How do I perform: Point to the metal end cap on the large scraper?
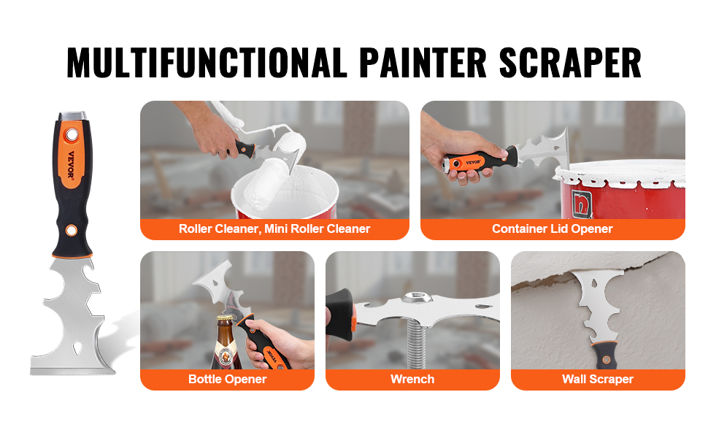coord(72,116)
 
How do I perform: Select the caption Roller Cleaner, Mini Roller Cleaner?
coord(274,228)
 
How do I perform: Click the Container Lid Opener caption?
coord(552,228)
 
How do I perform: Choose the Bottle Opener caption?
coord(227,379)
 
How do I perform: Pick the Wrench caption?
coord(412,379)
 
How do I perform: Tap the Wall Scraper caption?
coord(597,379)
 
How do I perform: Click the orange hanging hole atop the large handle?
coord(72,135)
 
